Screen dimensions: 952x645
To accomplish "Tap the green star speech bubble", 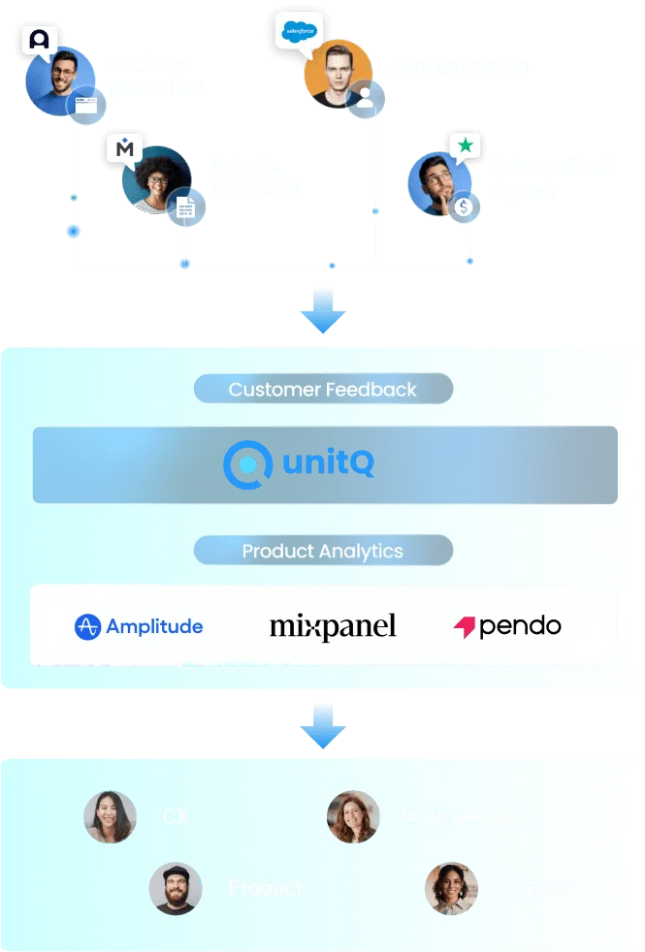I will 466,146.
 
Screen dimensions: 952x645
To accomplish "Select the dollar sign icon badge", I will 466,206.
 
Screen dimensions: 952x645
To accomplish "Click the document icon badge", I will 184,207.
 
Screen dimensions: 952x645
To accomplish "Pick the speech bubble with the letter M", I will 125,149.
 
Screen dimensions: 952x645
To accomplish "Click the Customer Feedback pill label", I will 323,390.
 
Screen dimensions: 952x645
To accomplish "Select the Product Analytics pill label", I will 323,552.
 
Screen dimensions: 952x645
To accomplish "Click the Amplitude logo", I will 139,626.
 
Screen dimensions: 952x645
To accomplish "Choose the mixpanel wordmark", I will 333,626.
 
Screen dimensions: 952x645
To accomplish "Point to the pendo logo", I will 507,626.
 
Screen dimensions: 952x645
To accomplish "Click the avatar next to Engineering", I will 353,816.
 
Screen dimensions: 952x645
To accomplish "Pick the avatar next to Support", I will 451,888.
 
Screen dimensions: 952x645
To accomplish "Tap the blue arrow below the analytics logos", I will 322,729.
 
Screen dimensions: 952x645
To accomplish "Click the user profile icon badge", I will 366,98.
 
